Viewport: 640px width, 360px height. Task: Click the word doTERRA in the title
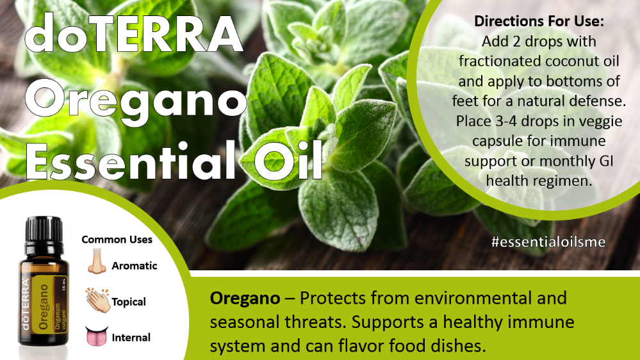click(134, 33)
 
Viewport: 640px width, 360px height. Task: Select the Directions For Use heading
click(539, 21)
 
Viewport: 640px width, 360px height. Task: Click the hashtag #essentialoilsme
click(548, 241)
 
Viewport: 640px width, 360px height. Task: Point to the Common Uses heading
click(117, 240)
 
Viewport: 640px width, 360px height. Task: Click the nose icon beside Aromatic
click(96, 261)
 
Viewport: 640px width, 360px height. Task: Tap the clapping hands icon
click(98, 300)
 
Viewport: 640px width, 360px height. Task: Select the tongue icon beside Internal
click(96, 336)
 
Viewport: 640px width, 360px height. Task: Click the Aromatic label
click(135, 266)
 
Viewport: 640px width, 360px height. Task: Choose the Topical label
click(129, 302)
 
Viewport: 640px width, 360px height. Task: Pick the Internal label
click(131, 338)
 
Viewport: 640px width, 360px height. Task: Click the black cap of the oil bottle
click(44, 230)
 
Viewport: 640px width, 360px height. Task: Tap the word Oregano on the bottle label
click(44, 307)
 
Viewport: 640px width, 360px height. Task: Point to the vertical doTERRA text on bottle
click(26, 305)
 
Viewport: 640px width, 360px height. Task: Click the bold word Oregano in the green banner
click(245, 299)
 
